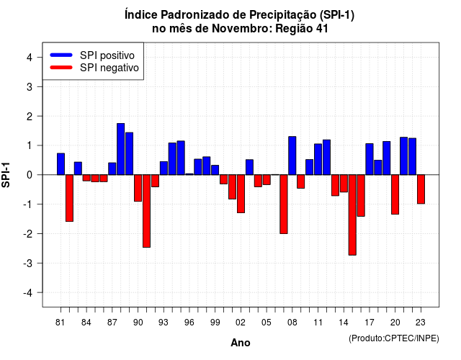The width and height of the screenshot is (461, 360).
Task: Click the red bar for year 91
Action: [146, 211]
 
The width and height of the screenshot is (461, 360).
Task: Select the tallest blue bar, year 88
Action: [120, 149]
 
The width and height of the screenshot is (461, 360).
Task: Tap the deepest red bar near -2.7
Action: [352, 215]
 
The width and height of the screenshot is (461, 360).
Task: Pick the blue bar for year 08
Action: [292, 156]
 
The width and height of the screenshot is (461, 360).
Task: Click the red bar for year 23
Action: [421, 189]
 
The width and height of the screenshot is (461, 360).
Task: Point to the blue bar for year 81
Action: [61, 164]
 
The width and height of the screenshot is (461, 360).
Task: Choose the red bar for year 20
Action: [395, 194]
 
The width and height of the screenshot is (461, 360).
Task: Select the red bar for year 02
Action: [241, 194]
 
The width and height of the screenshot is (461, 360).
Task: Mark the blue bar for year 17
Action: [370, 159]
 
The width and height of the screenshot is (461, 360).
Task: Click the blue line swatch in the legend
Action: [61, 55]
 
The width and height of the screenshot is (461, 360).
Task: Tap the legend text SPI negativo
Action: [109, 68]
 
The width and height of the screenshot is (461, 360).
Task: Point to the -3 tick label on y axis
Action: [28, 263]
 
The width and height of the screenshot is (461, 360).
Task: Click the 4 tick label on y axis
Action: [30, 57]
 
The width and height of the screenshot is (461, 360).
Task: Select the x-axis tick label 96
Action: [189, 323]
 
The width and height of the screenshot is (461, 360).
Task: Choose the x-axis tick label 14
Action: [344, 323]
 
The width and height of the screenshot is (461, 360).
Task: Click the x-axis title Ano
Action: [241, 343]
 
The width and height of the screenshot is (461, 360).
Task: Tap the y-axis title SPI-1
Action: [6, 175]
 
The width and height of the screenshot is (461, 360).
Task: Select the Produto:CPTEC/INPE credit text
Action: [394, 338]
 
